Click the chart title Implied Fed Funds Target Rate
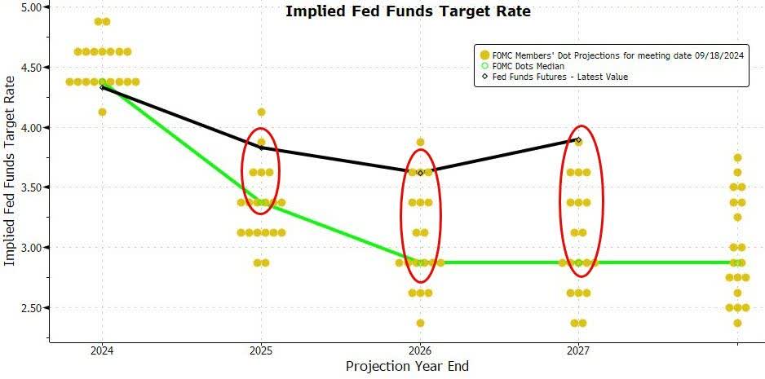pyautogui.click(x=407, y=11)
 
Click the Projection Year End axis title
pyautogui.click(x=407, y=366)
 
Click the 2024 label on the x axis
pyautogui.click(x=102, y=349)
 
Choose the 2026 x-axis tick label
pyautogui.click(x=420, y=349)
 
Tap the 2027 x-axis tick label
pyautogui.click(x=579, y=349)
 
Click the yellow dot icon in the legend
pyautogui.click(x=485, y=55)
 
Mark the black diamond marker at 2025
pyautogui.click(x=261, y=148)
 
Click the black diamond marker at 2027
pyautogui.click(x=578, y=140)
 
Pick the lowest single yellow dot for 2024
pyautogui.click(x=102, y=112)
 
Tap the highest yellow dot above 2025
pyautogui.click(x=261, y=112)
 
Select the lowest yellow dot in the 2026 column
pyautogui.click(x=420, y=323)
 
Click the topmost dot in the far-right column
pyautogui.click(x=737, y=158)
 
